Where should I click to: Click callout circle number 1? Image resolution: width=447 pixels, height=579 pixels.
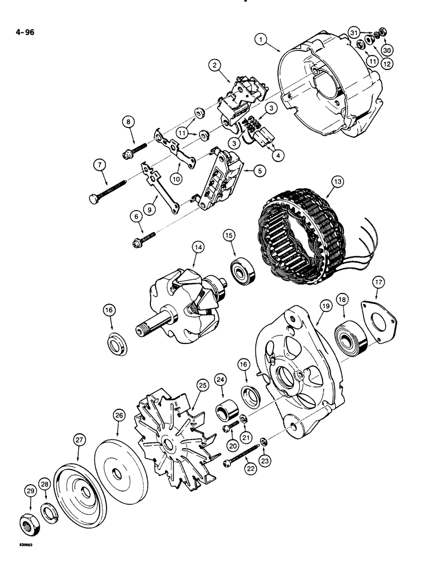click(262, 39)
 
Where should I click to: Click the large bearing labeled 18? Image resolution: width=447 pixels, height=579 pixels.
click(351, 342)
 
